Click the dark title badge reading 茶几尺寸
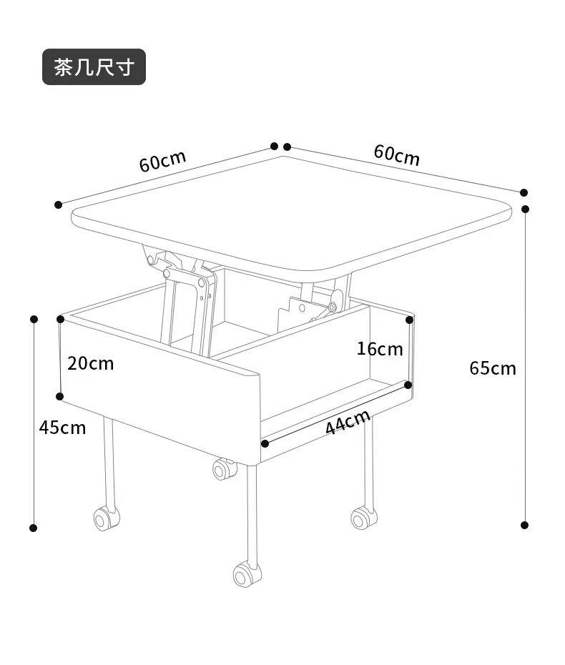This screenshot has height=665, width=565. tap(94, 67)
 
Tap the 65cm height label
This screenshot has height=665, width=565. tap(493, 368)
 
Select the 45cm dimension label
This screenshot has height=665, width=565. tap(62, 428)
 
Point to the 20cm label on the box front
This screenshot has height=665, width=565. tap(91, 363)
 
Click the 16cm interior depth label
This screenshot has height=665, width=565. tap(380, 349)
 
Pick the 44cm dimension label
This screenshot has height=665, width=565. tap(348, 422)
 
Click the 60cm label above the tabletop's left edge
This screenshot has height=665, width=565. tap(162, 160)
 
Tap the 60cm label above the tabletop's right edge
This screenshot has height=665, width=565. tap(397, 154)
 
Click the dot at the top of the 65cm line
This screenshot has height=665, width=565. tap(525, 209)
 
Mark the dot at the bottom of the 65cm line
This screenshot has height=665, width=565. tap(525, 525)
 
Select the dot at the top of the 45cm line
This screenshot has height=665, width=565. tap(34, 319)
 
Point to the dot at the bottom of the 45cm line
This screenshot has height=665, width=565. tap(33, 528)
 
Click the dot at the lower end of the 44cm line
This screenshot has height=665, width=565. tap(265, 443)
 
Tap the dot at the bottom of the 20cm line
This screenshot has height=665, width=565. tap(60, 397)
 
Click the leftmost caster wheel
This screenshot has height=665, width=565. tap(106, 518)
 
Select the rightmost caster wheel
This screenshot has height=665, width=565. tap(364, 517)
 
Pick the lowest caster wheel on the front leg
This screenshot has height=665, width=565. tap(247, 575)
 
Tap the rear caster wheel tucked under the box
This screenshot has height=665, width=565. tap(224, 468)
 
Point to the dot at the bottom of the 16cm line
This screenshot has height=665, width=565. tap(408, 385)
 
